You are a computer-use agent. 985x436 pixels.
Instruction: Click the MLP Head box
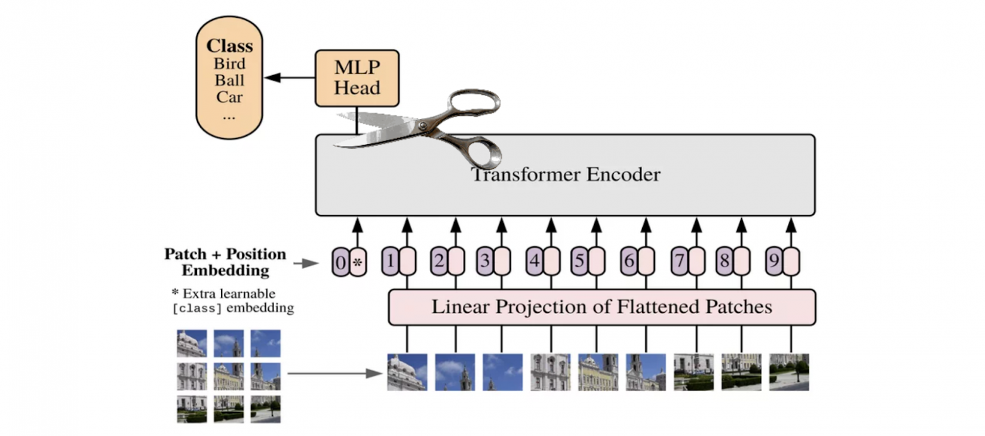tap(357, 78)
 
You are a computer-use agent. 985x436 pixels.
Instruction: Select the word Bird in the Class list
tap(229, 64)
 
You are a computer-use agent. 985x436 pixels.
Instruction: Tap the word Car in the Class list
tap(229, 97)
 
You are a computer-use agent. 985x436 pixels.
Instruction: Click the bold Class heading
tap(229, 46)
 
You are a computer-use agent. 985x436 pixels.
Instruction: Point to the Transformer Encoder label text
tap(565, 175)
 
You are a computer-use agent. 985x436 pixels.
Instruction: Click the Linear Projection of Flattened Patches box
tap(601, 307)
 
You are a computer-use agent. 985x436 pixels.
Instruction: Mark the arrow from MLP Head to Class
tap(289, 78)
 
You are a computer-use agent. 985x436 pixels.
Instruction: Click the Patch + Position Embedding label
tap(225, 262)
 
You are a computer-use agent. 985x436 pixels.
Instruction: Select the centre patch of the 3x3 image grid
tap(229, 375)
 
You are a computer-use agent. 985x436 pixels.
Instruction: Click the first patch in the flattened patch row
tap(407, 372)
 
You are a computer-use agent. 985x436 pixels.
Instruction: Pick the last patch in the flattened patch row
tap(789, 372)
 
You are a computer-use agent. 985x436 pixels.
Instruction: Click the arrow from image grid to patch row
tap(335, 373)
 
